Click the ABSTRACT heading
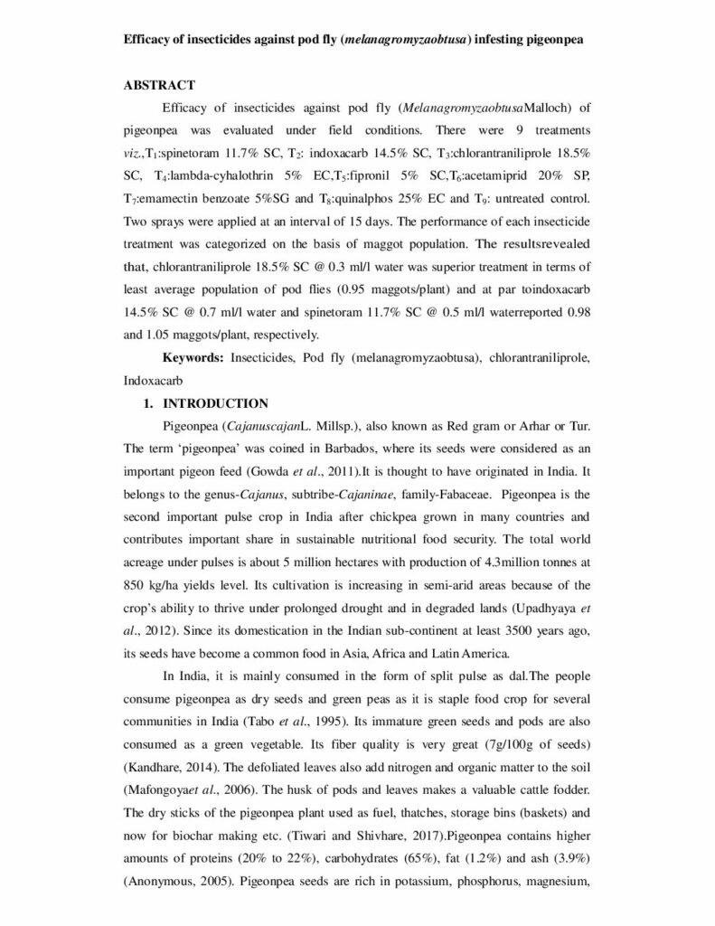tap(159, 85)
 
